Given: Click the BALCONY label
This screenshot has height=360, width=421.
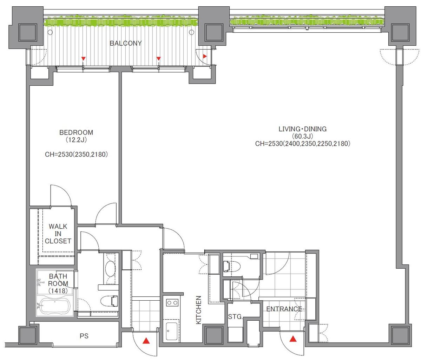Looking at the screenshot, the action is tap(125, 43).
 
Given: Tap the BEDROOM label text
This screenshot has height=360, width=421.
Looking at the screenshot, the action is tap(76, 132).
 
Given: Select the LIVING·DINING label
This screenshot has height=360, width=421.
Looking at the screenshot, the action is tap(303, 129).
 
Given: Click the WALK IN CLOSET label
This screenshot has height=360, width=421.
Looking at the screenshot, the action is tap(58, 234).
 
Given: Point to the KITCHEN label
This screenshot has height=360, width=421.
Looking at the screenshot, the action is tap(199, 310).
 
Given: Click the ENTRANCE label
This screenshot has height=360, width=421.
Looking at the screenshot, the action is tap(284, 309).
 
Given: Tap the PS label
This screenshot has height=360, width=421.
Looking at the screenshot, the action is tap(84, 336).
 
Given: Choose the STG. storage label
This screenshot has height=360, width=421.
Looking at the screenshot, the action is tap(235, 317).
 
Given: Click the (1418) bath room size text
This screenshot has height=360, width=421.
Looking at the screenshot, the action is tap(58, 291).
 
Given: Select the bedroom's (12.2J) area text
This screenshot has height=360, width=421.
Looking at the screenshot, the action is tap(76, 140).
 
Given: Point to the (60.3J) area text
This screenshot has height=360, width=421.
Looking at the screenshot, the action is tap(303, 136).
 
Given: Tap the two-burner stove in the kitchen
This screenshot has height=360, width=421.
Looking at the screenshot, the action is tap(172, 303).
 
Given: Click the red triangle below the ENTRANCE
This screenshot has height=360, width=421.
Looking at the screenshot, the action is tap(293, 339).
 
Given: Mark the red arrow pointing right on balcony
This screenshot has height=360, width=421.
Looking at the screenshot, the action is tap(205, 57).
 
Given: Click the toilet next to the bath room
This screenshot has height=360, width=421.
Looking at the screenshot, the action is tap(111, 301).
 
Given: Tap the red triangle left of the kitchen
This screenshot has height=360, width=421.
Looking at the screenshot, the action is tap(146, 341).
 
